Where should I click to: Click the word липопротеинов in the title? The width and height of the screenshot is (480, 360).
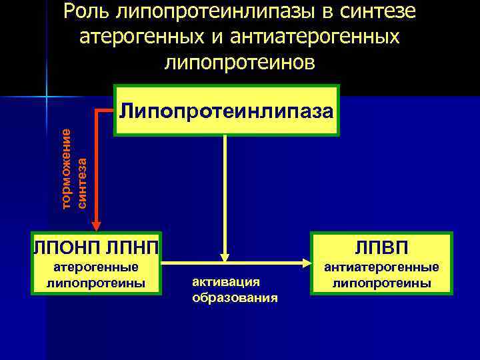(x=240, y=61)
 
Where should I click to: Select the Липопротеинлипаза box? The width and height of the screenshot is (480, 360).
(x=227, y=110)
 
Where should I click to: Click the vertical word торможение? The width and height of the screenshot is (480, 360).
(x=66, y=167)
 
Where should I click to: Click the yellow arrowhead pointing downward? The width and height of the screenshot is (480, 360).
(x=225, y=255)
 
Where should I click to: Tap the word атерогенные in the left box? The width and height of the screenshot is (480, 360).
(x=96, y=267)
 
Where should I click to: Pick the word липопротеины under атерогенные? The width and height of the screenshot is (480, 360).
(x=96, y=283)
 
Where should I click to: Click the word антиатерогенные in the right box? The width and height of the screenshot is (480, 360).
(x=381, y=267)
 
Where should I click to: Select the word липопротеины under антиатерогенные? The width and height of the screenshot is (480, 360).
(x=381, y=283)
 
